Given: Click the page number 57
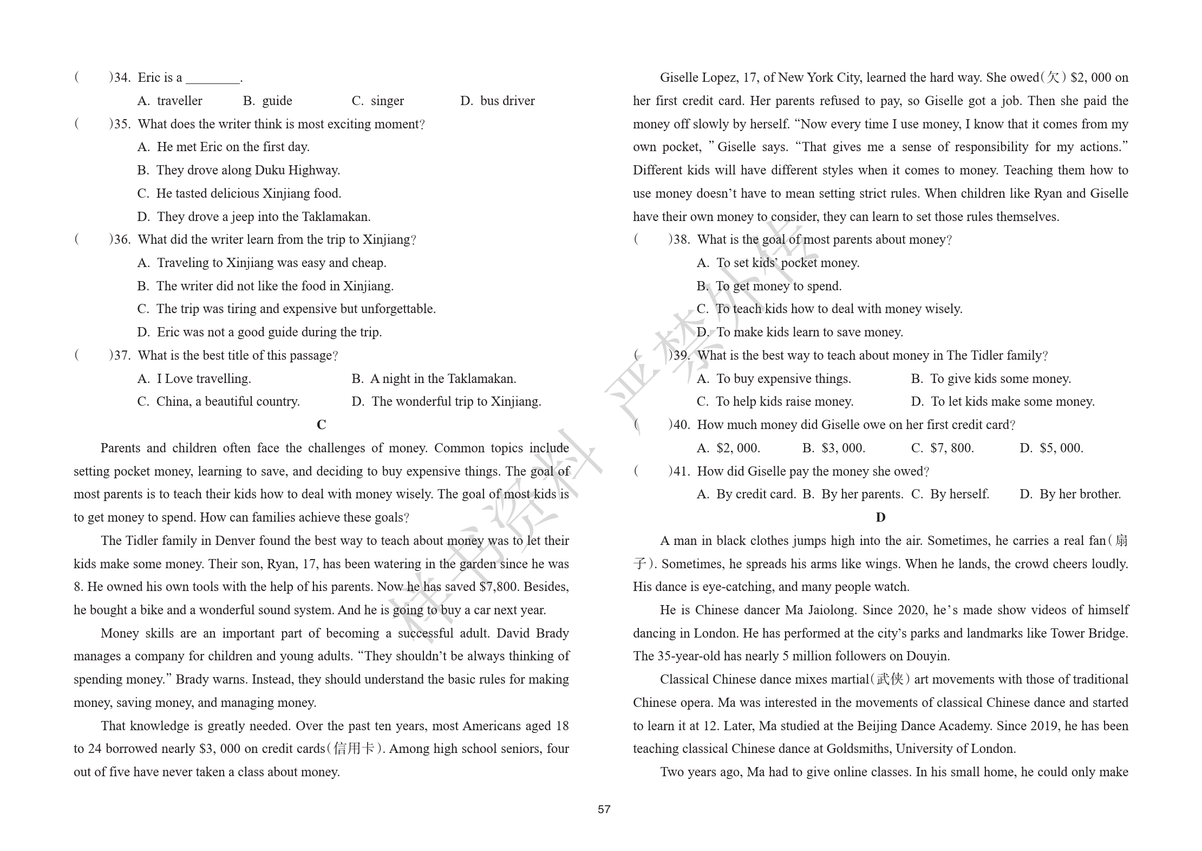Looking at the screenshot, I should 604,809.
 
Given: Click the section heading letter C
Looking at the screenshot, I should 321,425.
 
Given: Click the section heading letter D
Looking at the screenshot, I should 880,517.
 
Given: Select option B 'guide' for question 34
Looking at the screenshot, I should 267,101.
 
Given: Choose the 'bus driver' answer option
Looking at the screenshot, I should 497,101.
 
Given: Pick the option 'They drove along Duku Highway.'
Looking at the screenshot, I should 239,170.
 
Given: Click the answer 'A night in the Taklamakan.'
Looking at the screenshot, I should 434,379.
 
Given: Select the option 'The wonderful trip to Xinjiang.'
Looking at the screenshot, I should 446,401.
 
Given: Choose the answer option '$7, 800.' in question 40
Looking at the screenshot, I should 943,448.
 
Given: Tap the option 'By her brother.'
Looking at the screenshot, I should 1070,494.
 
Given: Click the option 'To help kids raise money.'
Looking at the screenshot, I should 775,401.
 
